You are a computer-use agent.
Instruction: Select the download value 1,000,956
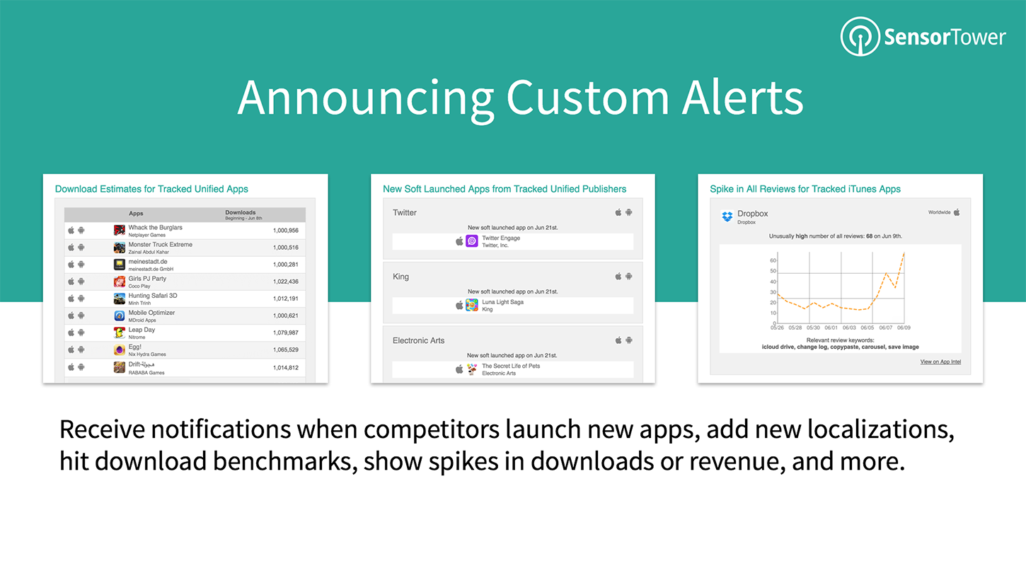pyautogui.click(x=285, y=231)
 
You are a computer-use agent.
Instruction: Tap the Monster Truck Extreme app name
pyautogui.click(x=160, y=245)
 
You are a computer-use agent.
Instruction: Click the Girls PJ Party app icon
pyautogui.click(x=120, y=282)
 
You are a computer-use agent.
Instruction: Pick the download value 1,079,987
pyautogui.click(x=285, y=333)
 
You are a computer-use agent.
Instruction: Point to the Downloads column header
pyautogui.click(x=240, y=212)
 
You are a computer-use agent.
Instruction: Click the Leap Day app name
pyautogui.click(x=142, y=330)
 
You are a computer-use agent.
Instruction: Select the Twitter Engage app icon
pyautogui.click(x=472, y=241)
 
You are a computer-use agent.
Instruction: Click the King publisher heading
pyautogui.click(x=400, y=277)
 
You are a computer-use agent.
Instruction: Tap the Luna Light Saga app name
pyautogui.click(x=502, y=302)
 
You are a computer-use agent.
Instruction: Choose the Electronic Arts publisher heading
pyautogui.click(x=418, y=340)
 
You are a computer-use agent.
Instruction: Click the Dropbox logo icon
pyautogui.click(x=727, y=216)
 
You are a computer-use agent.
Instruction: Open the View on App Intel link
pyautogui.click(x=940, y=362)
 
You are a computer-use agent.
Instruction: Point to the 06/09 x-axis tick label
pyautogui.click(x=904, y=328)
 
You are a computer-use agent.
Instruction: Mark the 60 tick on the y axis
pyautogui.click(x=773, y=260)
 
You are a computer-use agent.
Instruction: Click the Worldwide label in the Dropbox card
pyautogui.click(x=939, y=212)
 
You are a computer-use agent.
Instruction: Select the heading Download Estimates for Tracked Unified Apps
pyautogui.click(x=151, y=189)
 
